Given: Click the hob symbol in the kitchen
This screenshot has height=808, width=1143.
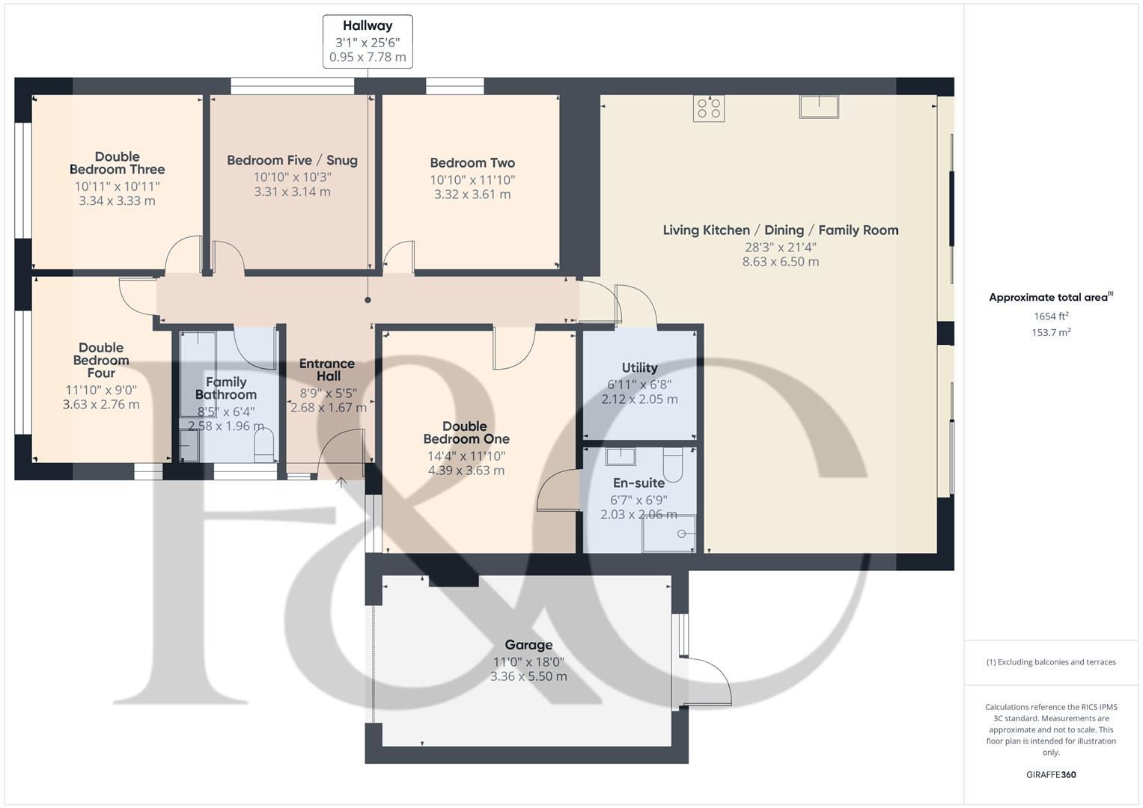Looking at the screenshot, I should coord(708,108).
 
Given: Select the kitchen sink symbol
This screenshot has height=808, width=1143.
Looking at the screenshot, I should coord(818,106).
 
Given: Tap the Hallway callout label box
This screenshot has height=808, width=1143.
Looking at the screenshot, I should coord(368,41).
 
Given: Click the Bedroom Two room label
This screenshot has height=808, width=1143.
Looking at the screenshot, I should coord(472,163).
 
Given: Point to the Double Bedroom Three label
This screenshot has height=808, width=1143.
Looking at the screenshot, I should coord(117,163).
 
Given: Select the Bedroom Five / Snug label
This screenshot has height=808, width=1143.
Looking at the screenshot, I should coord(292,160).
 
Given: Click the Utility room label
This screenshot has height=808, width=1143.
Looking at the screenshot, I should coord(639,367).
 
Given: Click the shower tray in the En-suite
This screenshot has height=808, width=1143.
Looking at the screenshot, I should coord(668,533).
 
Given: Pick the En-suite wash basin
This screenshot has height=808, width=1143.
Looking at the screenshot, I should coord(621,456).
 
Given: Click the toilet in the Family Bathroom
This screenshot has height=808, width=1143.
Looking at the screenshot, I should coord(264,449).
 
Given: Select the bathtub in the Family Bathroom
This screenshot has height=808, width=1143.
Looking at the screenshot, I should coord(198,374).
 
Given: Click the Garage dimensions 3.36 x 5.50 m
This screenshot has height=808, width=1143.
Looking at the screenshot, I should coord(528,676).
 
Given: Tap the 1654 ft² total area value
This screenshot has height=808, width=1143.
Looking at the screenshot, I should coord(1051,316).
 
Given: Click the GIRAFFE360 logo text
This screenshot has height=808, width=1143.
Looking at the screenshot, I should coord(1051,774).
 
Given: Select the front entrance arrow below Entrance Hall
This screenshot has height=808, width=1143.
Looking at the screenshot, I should coord(341,483).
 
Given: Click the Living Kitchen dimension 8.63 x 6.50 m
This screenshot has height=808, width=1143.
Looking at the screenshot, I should coord(780,262).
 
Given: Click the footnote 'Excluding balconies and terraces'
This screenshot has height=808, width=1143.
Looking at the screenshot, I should coord(1051,662).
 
